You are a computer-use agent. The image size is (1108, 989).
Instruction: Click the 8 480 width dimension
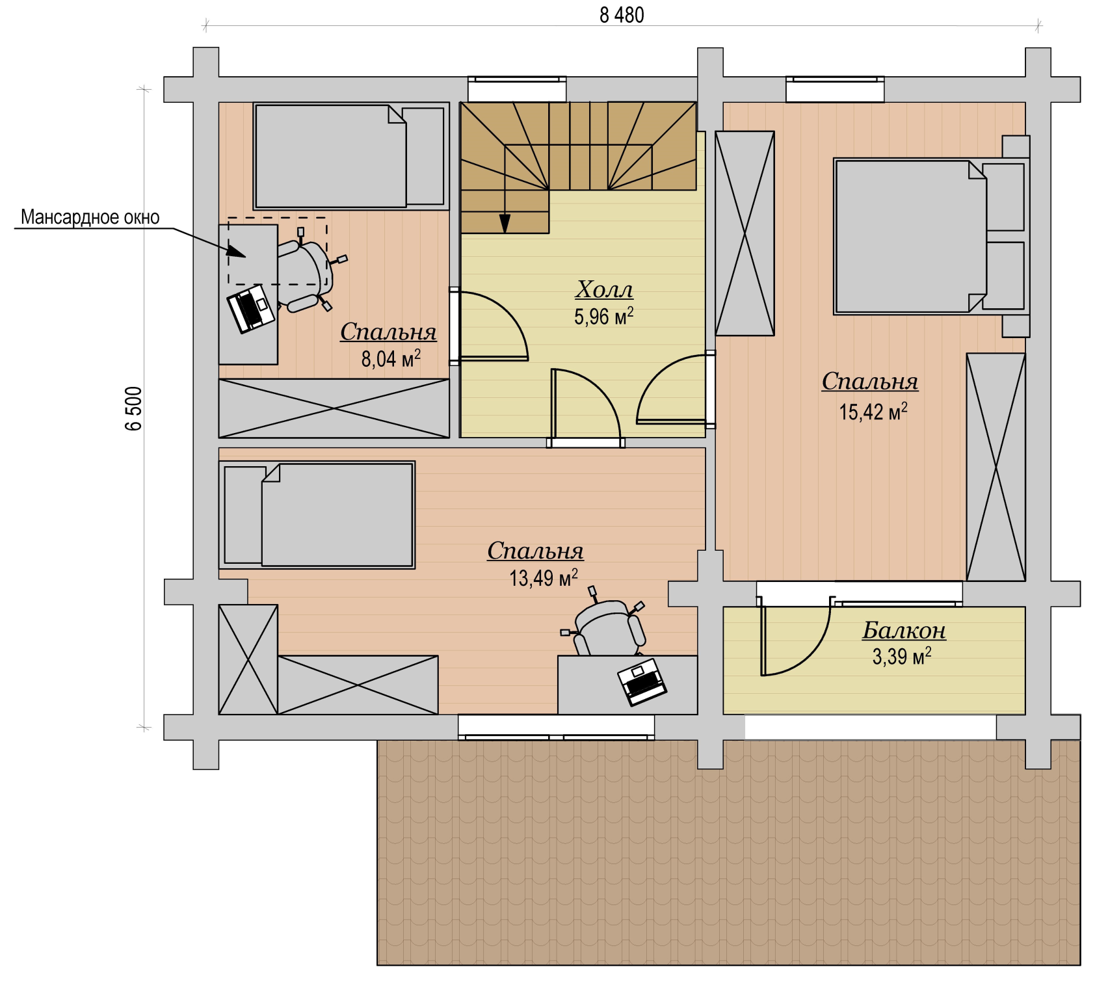coord(622,15)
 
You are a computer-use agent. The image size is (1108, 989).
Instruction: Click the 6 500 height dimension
coord(133,408)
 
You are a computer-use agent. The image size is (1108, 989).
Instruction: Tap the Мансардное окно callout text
coord(90,217)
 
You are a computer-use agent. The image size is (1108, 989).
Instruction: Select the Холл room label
coord(604,289)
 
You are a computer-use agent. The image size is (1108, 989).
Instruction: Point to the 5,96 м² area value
coord(604,317)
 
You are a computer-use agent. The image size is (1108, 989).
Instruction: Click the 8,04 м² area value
coord(391,358)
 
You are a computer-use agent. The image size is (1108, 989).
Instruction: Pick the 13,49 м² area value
coord(544,577)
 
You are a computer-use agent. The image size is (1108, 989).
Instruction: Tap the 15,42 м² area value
coord(873,411)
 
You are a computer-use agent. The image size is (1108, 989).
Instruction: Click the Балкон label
coord(904,630)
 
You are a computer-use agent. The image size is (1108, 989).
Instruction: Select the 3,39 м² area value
coord(902,656)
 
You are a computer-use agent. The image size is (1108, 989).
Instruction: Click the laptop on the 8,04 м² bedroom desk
coord(251,308)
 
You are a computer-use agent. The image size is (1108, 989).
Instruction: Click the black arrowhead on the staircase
coord(505,223)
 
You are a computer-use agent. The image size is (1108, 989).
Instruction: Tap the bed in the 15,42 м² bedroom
coord(930,237)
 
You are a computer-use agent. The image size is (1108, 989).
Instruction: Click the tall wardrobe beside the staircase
coord(745,233)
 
